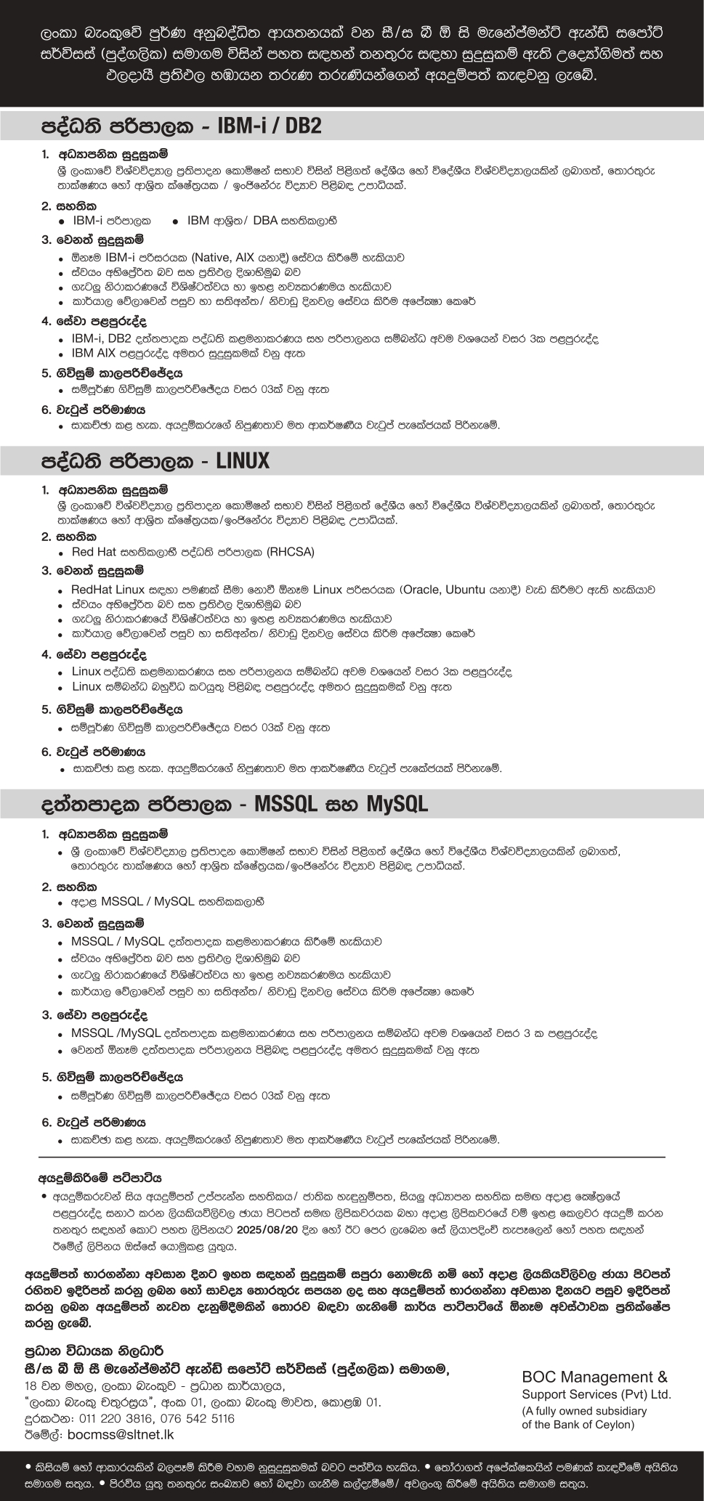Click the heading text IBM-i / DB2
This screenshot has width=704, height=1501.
pos(270,126)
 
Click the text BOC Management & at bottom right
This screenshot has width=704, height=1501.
pos(594,1376)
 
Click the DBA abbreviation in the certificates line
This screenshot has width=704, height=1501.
pos(266,220)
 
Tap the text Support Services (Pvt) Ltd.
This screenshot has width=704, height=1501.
pos(596,1394)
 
